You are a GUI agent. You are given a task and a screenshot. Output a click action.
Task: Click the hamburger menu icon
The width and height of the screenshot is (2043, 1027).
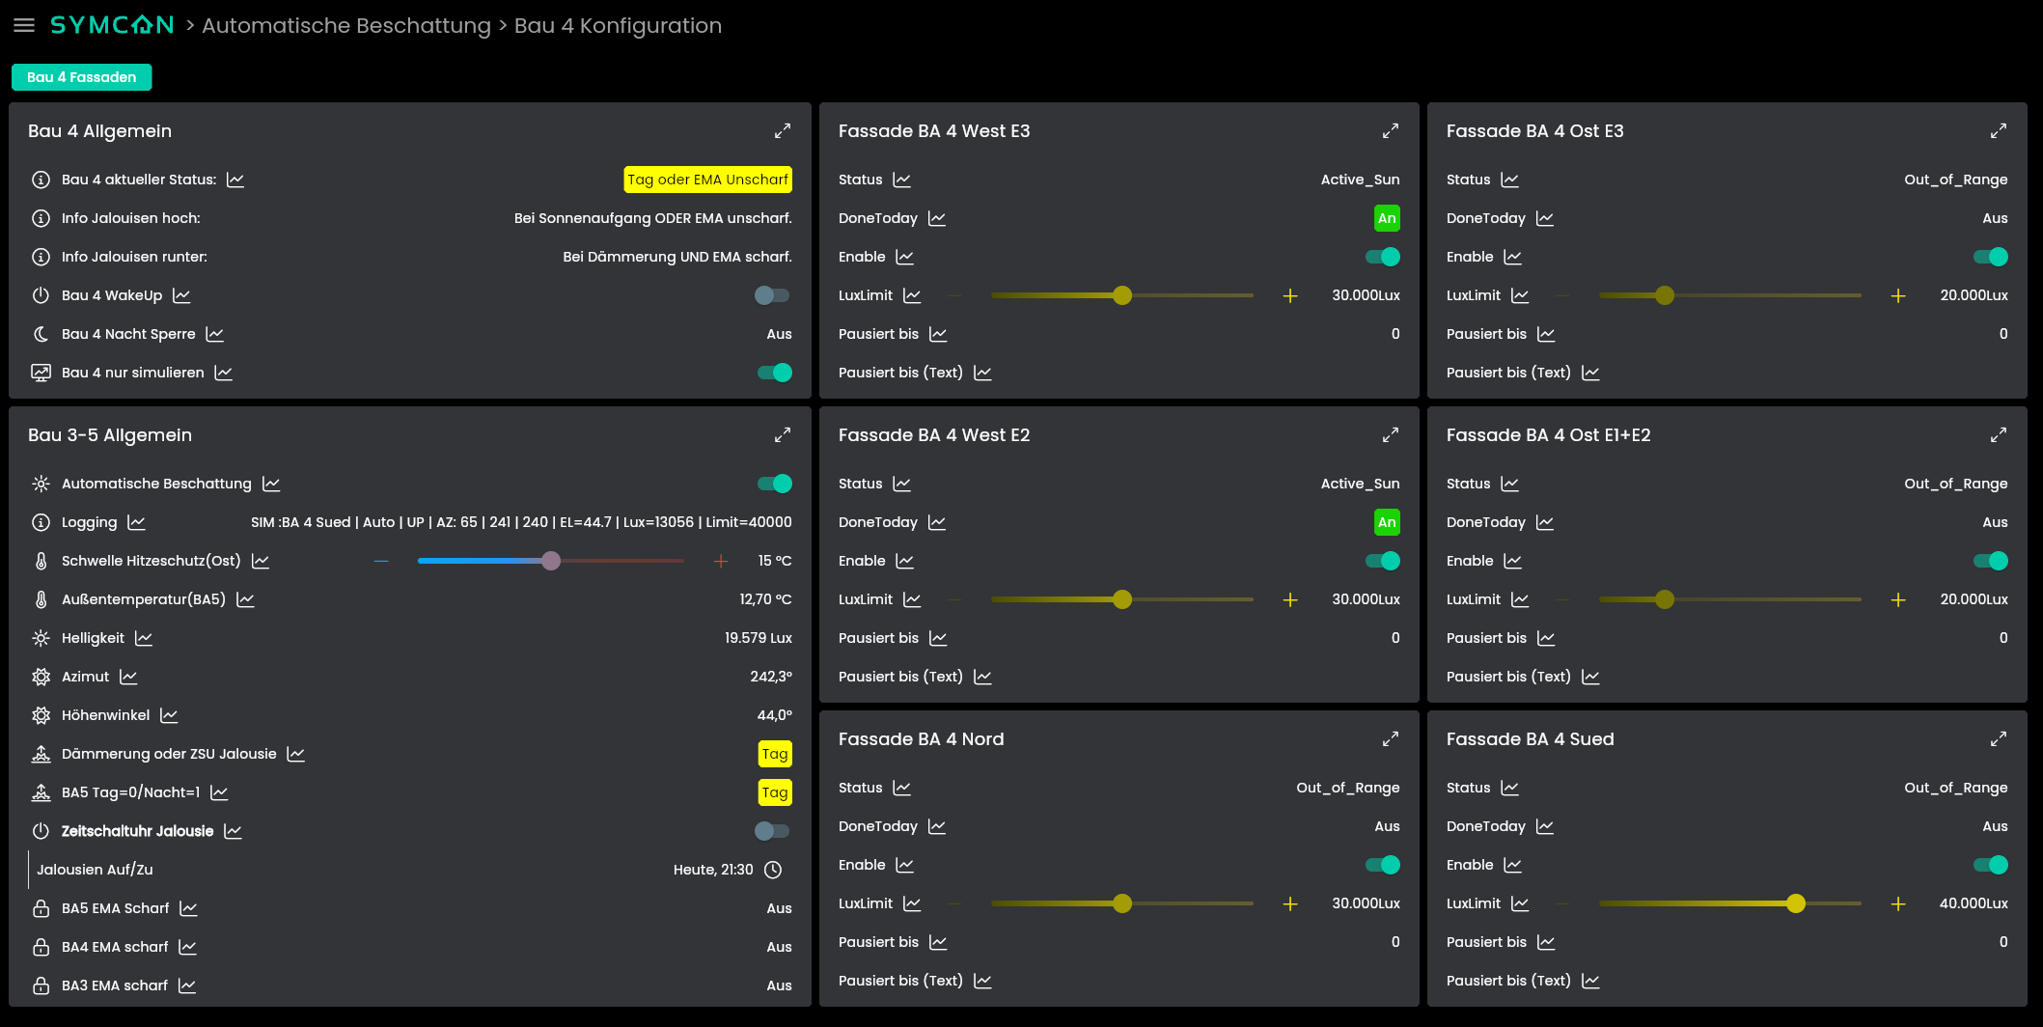click(24, 25)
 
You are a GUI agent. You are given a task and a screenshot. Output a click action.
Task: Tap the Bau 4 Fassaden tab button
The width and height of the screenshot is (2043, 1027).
click(82, 77)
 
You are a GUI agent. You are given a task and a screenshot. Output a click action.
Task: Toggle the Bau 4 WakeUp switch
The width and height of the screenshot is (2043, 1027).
click(772, 295)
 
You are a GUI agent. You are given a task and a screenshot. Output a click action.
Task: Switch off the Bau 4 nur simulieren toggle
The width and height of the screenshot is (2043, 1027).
click(774, 373)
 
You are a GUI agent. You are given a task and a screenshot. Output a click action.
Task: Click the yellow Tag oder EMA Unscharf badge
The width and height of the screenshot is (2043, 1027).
click(708, 180)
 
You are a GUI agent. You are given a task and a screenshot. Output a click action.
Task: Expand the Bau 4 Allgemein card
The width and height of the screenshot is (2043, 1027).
click(783, 130)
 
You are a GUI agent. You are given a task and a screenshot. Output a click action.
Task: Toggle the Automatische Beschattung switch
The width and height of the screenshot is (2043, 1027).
click(774, 484)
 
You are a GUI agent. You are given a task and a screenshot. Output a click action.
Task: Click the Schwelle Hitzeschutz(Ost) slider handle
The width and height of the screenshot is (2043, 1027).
click(551, 561)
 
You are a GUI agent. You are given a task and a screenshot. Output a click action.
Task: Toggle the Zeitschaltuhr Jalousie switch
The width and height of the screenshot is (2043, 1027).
click(772, 831)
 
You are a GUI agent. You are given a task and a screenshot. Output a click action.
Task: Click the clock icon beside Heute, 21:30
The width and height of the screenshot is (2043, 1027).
click(773, 870)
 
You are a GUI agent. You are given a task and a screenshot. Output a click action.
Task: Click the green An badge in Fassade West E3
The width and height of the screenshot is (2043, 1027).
click(1387, 218)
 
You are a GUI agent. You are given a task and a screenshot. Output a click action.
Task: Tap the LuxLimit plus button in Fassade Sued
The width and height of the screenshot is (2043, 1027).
click(1898, 903)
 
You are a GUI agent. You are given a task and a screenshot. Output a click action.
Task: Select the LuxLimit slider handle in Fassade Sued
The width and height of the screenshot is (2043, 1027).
click(1796, 903)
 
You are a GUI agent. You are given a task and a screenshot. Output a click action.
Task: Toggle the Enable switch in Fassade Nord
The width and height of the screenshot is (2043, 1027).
click(1382, 865)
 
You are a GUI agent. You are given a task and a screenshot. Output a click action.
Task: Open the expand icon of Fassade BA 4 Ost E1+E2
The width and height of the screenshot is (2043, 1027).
click(1999, 434)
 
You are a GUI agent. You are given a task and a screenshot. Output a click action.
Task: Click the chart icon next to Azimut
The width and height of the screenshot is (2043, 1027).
click(128, 677)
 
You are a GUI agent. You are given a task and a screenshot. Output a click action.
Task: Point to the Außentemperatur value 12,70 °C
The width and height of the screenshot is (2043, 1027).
click(765, 599)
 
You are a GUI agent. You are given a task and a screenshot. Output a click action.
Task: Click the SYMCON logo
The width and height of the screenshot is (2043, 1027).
click(112, 25)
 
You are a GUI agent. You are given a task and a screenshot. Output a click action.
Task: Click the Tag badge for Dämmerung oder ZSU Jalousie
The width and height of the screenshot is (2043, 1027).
click(775, 754)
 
